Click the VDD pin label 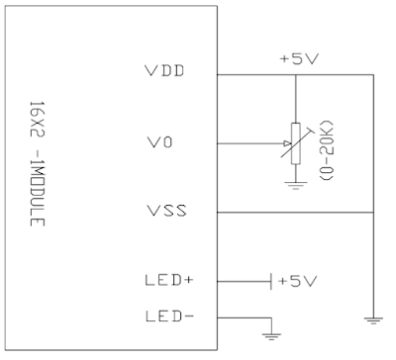(x=164, y=73)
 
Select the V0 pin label (x=158, y=143)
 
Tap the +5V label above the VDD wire (x=298, y=57)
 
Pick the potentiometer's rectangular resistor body (x=296, y=143)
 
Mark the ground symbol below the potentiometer (x=296, y=184)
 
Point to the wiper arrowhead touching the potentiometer (x=284, y=143)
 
